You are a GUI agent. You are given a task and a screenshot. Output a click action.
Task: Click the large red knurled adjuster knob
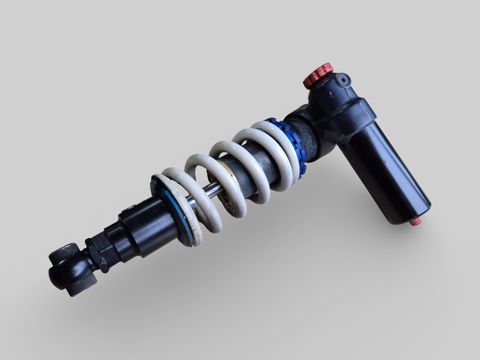pos(318,75)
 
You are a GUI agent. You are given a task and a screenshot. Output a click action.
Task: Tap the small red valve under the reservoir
pos(415,222)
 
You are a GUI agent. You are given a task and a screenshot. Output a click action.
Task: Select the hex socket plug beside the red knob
pos(343,79)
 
